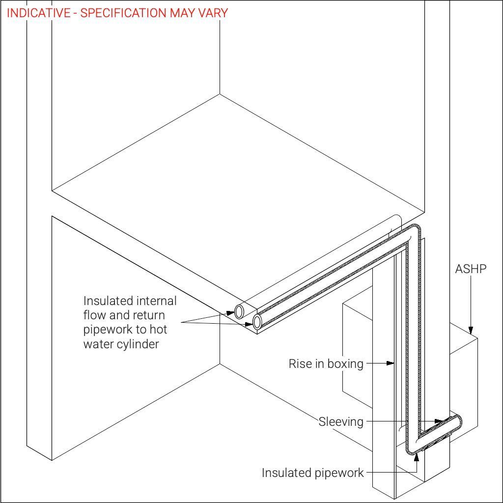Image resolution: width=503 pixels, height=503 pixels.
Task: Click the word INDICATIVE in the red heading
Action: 39,13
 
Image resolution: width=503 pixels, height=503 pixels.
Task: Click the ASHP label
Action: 471,269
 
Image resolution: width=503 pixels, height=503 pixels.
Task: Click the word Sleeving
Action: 341,421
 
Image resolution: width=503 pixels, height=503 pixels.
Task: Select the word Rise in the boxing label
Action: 299,364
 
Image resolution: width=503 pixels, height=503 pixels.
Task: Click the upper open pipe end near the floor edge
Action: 240,311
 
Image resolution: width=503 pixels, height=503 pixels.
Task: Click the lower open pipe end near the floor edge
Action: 257,322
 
